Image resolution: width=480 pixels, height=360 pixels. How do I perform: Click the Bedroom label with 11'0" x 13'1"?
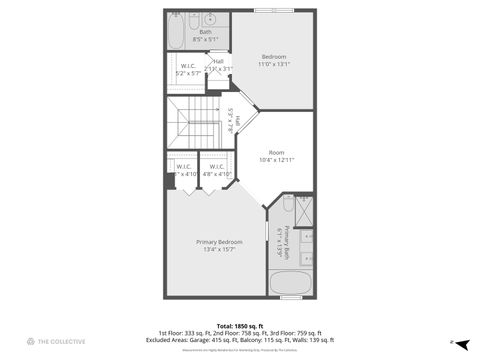(x=273, y=60)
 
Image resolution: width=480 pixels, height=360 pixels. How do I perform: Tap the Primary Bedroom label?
(x=219, y=246)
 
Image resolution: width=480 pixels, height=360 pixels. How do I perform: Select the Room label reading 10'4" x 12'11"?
(x=276, y=156)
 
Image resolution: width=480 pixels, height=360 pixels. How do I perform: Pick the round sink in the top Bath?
(x=211, y=19)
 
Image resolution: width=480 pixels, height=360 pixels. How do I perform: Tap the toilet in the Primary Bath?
(x=287, y=203)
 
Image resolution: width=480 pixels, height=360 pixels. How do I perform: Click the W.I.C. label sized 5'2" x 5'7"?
(x=187, y=70)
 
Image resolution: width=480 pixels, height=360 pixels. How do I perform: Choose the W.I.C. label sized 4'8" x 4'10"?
(x=217, y=170)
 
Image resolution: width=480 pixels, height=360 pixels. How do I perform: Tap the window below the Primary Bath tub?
(x=292, y=297)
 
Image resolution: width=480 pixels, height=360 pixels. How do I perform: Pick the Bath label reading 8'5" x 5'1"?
(x=205, y=36)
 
